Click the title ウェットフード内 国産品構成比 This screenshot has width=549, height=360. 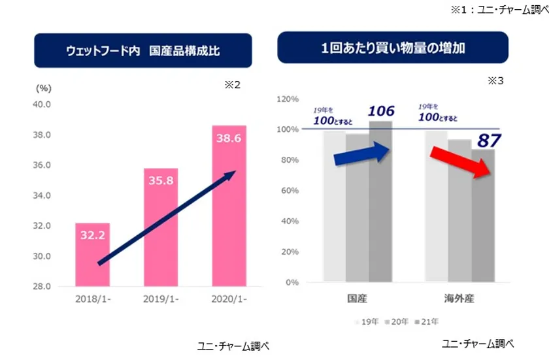point(142,51)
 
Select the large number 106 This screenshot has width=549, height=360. point(381,111)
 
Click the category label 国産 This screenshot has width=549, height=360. point(357,299)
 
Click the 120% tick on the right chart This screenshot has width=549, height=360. point(288,99)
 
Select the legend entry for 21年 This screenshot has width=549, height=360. point(427,321)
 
